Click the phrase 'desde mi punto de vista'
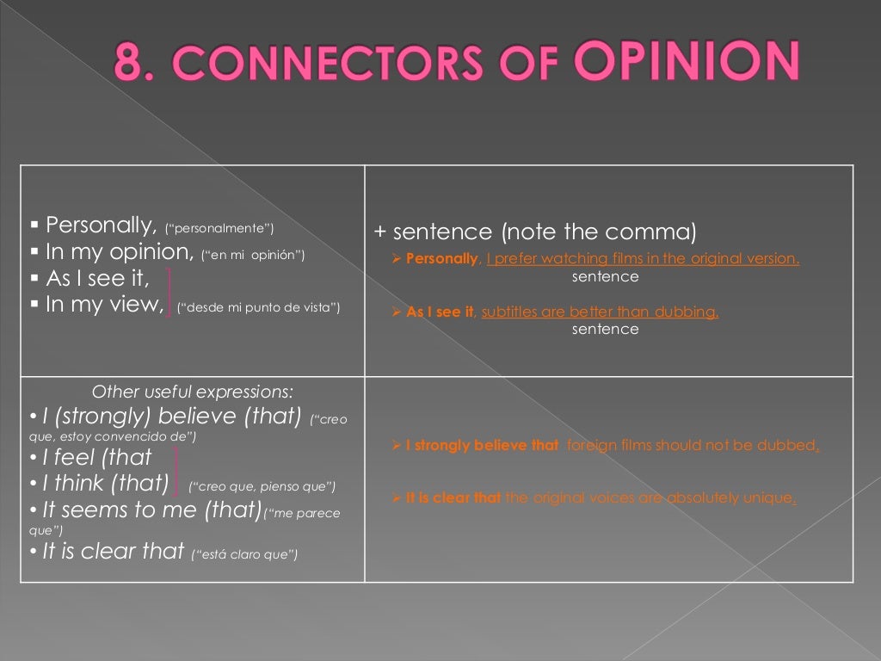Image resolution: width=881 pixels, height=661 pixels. [259, 306]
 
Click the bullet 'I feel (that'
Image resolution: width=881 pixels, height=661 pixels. [96, 457]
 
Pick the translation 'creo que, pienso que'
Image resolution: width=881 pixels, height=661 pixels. [262, 486]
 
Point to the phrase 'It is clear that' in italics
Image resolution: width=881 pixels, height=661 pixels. [114, 552]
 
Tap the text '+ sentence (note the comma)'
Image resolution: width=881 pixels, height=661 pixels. [534, 233]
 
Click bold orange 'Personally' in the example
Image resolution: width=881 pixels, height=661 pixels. [440, 259]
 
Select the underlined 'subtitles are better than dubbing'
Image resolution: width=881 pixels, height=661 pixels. [600, 312]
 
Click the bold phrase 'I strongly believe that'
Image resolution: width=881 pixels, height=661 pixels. [482, 446]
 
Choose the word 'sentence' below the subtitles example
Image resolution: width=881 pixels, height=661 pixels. [605, 329]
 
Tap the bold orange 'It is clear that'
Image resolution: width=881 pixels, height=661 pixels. [453, 498]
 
